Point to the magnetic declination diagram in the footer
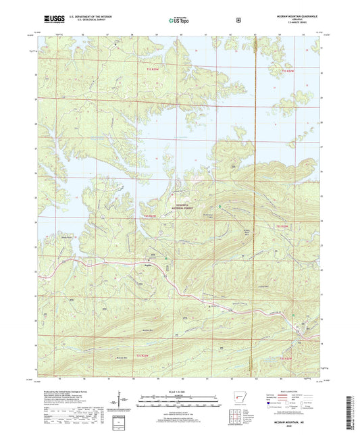point(124,399)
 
